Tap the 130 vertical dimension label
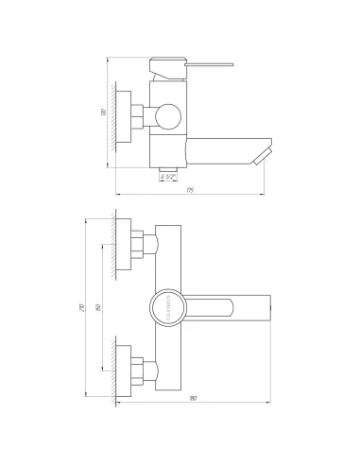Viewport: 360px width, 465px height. click(x=101, y=114)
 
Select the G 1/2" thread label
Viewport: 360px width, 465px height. click(x=166, y=176)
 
